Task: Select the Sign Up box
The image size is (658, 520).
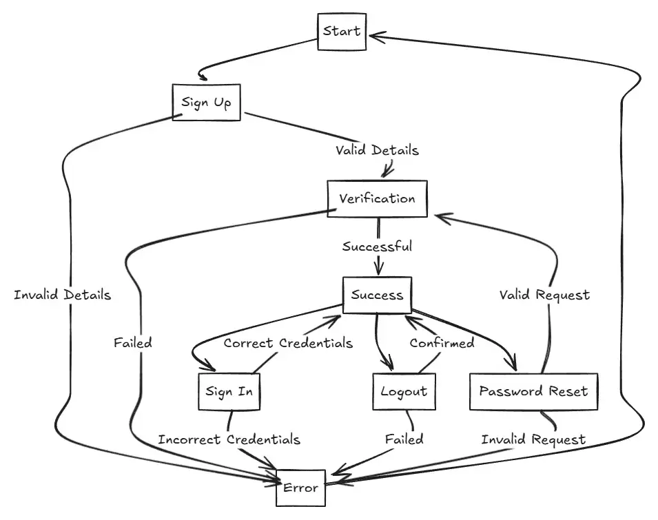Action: [206, 103]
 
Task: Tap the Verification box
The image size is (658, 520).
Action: [377, 199]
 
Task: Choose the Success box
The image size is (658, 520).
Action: [377, 295]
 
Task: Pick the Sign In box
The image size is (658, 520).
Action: [229, 391]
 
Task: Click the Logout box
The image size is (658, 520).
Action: [404, 391]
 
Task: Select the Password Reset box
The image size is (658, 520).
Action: [533, 391]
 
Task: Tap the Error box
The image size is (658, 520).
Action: [300, 488]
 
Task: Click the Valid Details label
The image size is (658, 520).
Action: [377, 150]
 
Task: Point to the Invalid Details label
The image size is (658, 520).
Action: [62, 295]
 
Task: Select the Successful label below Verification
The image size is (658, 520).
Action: [377, 246]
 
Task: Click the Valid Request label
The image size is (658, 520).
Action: [544, 295]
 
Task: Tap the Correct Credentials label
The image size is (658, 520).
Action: [288, 342]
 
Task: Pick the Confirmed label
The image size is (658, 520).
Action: [442, 342]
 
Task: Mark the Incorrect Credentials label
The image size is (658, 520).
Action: [229, 439]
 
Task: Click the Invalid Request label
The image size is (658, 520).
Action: [533, 439]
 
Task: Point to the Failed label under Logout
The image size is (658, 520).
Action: [404, 439]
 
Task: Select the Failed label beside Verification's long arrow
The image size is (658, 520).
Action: [132, 342]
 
